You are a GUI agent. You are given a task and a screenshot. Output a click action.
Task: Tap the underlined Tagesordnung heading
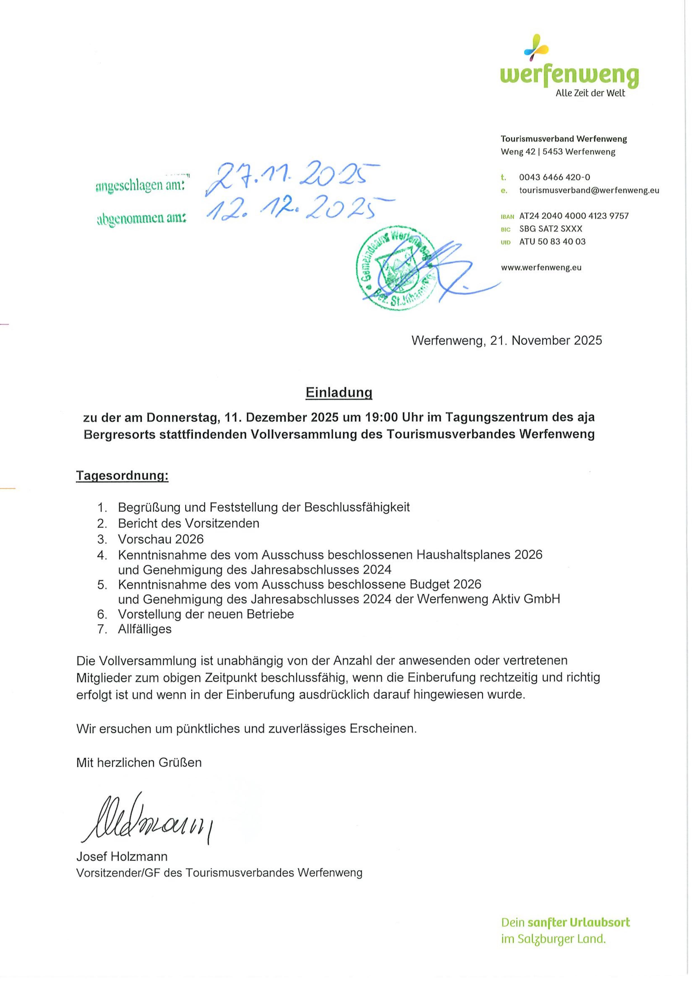tap(122, 475)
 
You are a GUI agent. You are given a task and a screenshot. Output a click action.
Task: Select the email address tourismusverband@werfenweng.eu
tap(589, 190)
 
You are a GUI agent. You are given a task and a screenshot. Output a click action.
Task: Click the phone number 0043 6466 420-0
tap(555, 177)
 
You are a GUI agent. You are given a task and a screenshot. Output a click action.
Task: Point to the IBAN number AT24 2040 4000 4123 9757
tap(574, 216)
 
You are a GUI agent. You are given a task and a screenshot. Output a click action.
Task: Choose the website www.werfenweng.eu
tap(541, 268)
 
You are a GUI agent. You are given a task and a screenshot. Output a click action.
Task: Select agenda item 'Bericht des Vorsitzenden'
tap(189, 523)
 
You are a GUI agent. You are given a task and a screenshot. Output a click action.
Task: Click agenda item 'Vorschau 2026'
tap(161, 539)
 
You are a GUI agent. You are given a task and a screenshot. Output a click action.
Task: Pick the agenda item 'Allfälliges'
tap(145, 629)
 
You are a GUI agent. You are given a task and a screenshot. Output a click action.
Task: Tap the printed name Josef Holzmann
tap(122, 857)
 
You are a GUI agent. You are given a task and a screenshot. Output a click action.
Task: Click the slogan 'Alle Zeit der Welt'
tap(590, 93)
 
